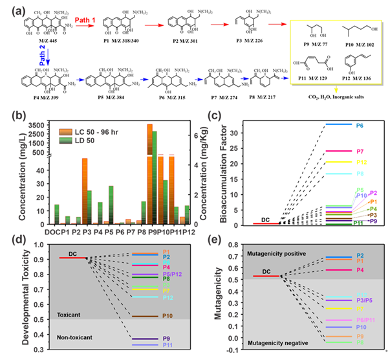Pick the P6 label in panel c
360,124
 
